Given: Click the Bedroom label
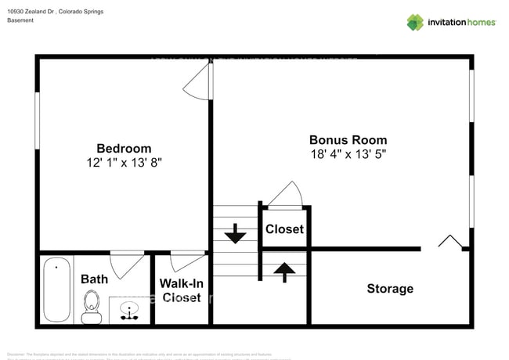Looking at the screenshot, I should pyautogui.click(x=124, y=148).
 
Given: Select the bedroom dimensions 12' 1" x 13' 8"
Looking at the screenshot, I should pyautogui.click(x=124, y=163).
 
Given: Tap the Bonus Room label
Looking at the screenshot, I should pyautogui.click(x=348, y=140).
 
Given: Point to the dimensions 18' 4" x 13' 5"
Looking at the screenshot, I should pyautogui.click(x=348, y=155).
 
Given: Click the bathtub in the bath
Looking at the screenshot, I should pyautogui.click(x=55, y=290).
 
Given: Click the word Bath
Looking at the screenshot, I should pyautogui.click(x=94, y=279).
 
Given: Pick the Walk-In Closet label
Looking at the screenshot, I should pyautogui.click(x=181, y=290).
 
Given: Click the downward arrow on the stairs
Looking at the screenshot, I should pyautogui.click(x=236, y=233).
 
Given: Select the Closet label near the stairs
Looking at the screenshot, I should pyautogui.click(x=284, y=229).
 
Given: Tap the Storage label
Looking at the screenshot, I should pyautogui.click(x=390, y=289).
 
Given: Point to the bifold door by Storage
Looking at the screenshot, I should pyautogui.click(x=449, y=243).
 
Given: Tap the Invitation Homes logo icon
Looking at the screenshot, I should pyautogui.click(x=414, y=22).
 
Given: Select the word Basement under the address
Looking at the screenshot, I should pyautogui.click(x=20, y=21).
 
